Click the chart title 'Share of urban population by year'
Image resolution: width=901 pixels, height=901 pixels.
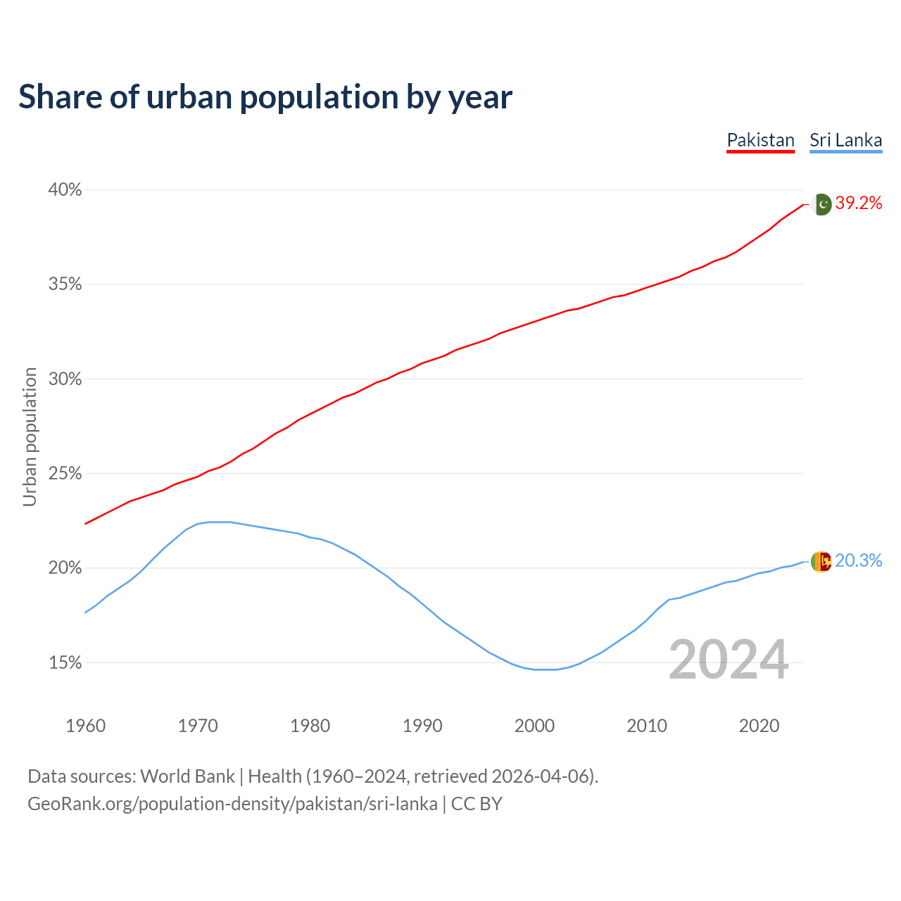pyautogui.click(x=265, y=97)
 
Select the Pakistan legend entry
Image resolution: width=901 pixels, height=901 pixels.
pyautogui.click(x=760, y=140)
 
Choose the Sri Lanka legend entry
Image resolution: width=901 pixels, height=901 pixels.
pyautogui.click(x=845, y=140)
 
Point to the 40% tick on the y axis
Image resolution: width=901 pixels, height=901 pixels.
pyautogui.click(x=65, y=190)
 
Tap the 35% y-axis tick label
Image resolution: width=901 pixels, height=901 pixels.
pyautogui.click(x=65, y=284)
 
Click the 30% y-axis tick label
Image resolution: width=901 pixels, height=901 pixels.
pyautogui.click(x=65, y=379)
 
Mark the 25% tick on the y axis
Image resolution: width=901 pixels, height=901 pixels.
pyautogui.click(x=65, y=474)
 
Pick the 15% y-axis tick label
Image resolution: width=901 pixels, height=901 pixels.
pyautogui.click(x=65, y=663)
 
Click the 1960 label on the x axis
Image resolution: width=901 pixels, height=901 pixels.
pyautogui.click(x=85, y=726)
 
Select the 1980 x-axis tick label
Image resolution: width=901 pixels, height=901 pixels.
pyautogui.click(x=310, y=726)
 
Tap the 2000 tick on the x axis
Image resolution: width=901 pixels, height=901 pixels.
pyautogui.click(x=534, y=726)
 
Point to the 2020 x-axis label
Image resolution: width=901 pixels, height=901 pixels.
pyautogui.click(x=759, y=726)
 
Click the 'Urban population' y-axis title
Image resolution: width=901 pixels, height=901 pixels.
pyautogui.click(x=30, y=436)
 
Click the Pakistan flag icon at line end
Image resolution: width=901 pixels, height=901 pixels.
pyautogui.click(x=822, y=204)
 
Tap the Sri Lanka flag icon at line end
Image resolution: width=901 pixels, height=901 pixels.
pyautogui.click(x=821, y=561)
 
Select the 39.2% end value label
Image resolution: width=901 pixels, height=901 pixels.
pyautogui.click(x=859, y=203)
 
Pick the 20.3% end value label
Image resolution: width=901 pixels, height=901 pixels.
pyautogui.click(x=859, y=561)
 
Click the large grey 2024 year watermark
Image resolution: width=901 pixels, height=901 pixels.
pyautogui.click(x=729, y=660)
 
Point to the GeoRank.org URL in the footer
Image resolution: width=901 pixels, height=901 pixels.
pyautogui.click(x=232, y=804)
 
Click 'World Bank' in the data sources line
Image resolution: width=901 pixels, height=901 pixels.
pyautogui.click(x=187, y=776)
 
